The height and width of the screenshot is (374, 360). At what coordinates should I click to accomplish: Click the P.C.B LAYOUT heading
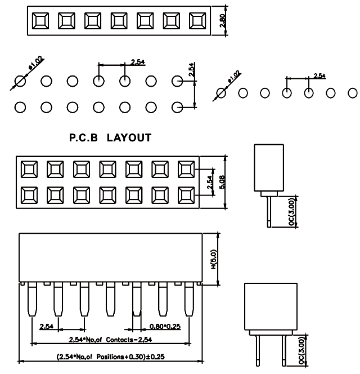pos(110,137)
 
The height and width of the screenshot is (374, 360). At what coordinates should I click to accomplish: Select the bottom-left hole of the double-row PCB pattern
pos(20,106)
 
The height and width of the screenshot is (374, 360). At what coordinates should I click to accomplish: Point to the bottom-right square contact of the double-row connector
pos(186,195)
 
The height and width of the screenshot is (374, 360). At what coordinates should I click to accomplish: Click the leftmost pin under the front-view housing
pos(31,301)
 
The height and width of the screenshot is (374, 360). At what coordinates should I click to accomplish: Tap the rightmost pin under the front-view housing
pos(189,301)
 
